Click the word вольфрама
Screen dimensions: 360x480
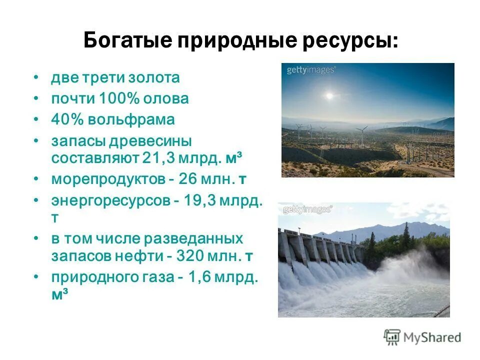tap(132, 119)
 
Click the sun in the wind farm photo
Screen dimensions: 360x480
tap(329, 95)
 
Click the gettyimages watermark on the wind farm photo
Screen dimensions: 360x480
tap(310, 70)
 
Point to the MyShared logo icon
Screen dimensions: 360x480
tap(392, 337)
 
